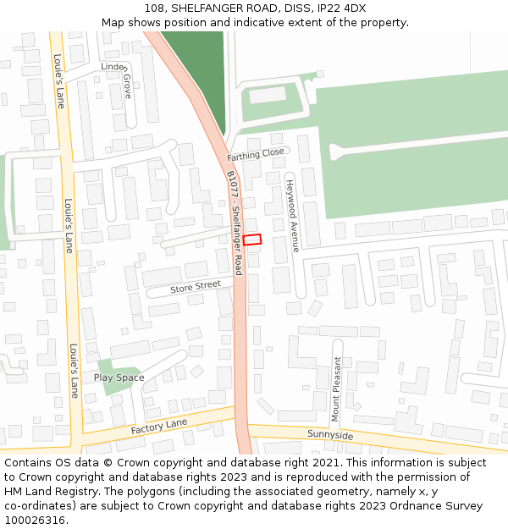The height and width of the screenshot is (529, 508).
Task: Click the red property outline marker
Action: click(x=252, y=240)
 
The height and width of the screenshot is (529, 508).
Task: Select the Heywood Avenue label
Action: click(x=291, y=216)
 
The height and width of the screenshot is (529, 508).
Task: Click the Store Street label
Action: click(x=195, y=288)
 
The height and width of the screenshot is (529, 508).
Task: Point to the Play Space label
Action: click(x=119, y=377)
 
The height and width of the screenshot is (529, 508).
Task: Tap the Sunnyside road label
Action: click(x=330, y=435)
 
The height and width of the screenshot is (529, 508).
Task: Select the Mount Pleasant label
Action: click(x=336, y=389)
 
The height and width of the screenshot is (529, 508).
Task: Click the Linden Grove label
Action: click(x=119, y=77)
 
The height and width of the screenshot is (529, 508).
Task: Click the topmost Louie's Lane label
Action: click(x=58, y=81)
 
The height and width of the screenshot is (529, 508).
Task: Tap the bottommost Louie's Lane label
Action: click(x=74, y=371)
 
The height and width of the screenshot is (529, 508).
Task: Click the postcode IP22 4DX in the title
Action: click(x=344, y=8)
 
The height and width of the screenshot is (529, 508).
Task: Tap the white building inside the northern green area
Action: click(x=268, y=95)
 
